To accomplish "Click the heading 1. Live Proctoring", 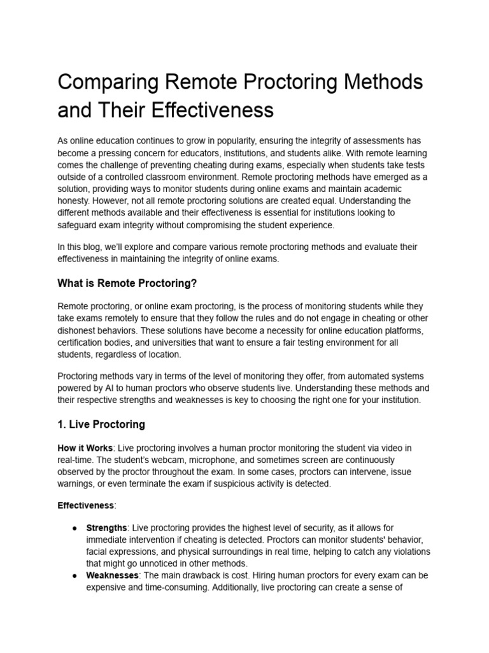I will [x=101, y=424].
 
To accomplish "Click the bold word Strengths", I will [x=106, y=528].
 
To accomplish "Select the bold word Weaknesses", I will [x=113, y=575].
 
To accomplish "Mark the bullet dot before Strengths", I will [x=74, y=528].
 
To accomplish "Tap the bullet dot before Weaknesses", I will [x=74, y=575].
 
